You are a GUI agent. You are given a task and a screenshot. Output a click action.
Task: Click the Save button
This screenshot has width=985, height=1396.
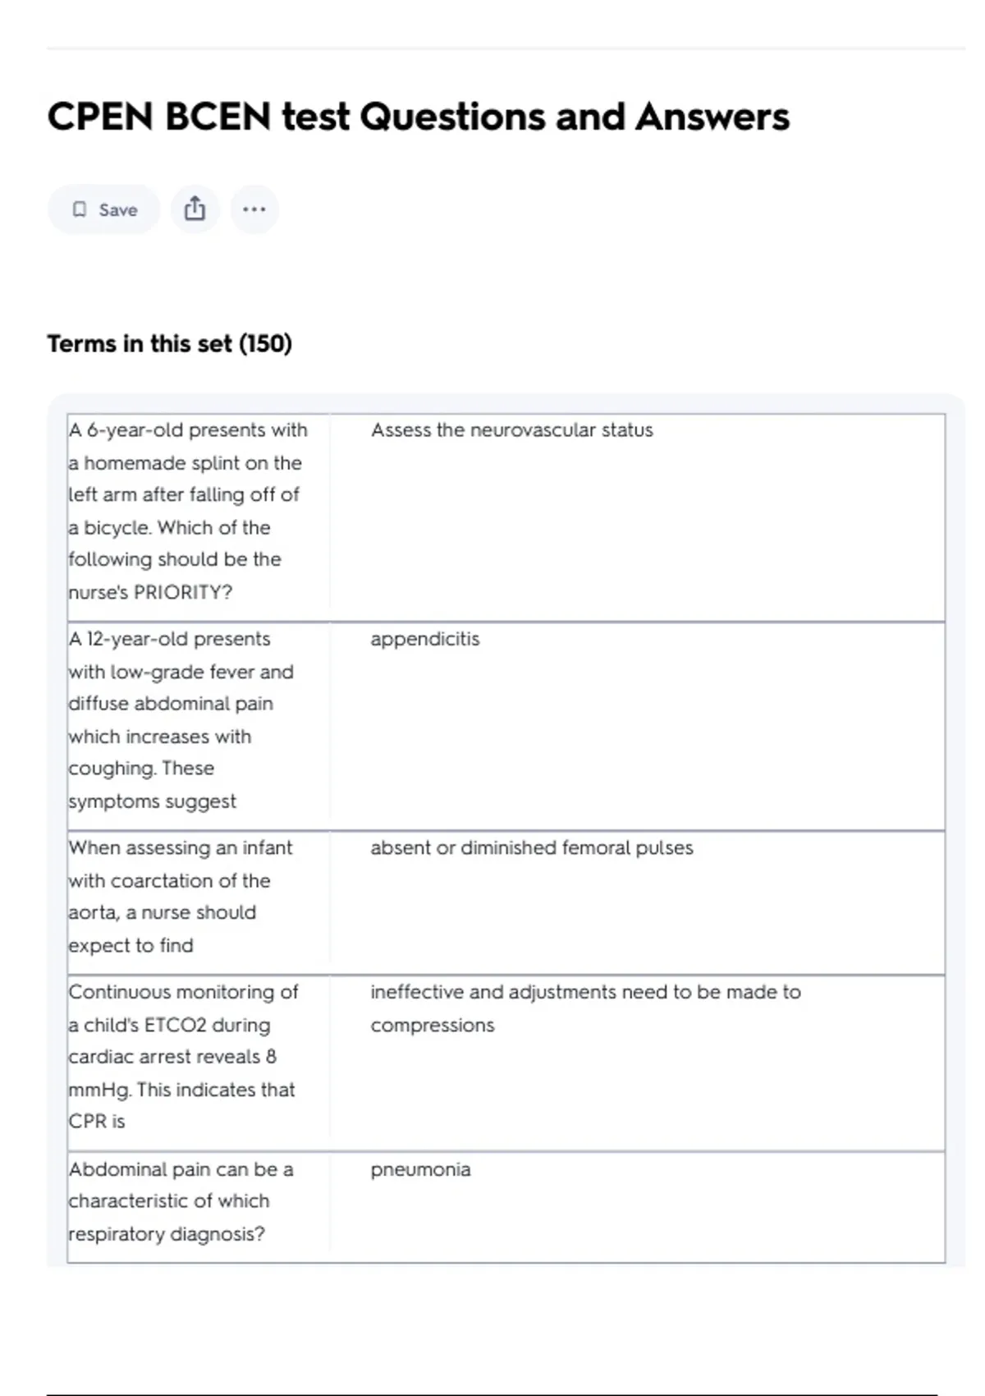coord(103,210)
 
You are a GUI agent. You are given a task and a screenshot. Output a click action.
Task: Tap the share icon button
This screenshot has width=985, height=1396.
coord(195,209)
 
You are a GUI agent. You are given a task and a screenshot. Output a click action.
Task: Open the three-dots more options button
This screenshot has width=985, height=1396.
coord(254,209)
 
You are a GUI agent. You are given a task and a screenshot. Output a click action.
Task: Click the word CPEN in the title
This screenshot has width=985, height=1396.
coord(100,117)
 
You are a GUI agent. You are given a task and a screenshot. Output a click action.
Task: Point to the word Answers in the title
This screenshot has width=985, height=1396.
coord(712,117)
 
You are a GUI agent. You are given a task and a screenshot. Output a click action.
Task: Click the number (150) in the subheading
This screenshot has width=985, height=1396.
coord(265,343)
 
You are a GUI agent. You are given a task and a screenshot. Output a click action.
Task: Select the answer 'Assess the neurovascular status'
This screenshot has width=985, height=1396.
coord(511,430)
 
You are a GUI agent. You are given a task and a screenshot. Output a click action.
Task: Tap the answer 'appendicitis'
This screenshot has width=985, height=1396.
coord(424,639)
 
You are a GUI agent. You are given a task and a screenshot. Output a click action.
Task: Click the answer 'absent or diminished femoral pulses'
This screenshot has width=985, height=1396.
coord(531,847)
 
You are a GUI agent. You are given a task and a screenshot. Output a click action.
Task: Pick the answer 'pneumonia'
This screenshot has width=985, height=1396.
coord(420,1169)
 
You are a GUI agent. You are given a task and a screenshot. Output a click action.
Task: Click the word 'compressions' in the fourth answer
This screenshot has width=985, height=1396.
coord(432,1025)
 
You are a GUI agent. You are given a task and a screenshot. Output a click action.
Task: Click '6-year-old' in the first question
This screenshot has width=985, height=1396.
coord(135,430)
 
